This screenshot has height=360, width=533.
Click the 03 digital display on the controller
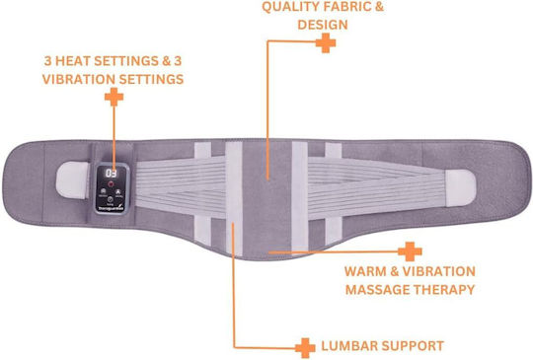pyautogui.click(x=112, y=173)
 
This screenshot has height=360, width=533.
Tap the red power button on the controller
pyautogui.click(x=111, y=184)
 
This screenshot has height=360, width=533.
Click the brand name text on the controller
pyautogui.click(x=111, y=208)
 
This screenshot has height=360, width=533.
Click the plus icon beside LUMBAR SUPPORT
pyautogui.click(x=305, y=348)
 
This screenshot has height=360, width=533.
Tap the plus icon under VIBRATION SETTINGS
pyautogui.click(x=114, y=97)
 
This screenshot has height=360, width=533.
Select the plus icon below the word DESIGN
pyautogui.click(x=326, y=42)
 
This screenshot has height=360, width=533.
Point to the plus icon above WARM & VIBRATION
pyautogui.click(x=410, y=252)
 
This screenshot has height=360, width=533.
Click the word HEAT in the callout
pyautogui.click(x=72, y=61)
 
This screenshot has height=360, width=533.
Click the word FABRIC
pyautogui.click(x=348, y=7)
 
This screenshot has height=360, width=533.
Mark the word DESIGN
pyautogui.click(x=323, y=25)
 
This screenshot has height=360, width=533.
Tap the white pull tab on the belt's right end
pyautogui.click(x=460, y=187)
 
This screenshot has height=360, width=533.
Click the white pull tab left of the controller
pyautogui.click(x=73, y=180)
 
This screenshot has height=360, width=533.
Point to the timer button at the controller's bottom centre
pyautogui.click(x=111, y=199)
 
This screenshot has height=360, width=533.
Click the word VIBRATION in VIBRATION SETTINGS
pyautogui.click(x=79, y=79)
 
